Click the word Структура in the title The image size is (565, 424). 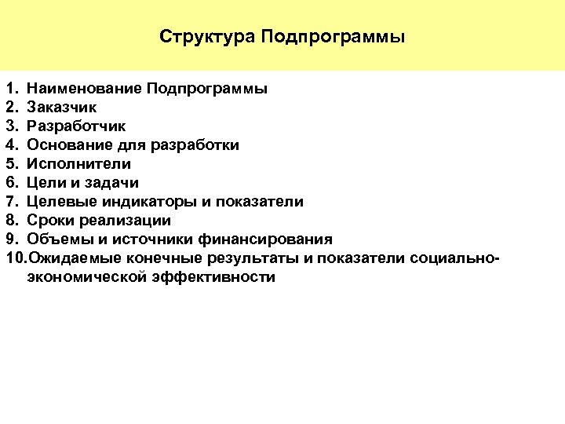(206, 37)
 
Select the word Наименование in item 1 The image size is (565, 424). (84, 88)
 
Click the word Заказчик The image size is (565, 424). (62, 107)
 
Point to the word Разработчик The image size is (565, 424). (76, 126)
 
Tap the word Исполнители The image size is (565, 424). (78, 163)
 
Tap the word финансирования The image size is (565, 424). (268, 239)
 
